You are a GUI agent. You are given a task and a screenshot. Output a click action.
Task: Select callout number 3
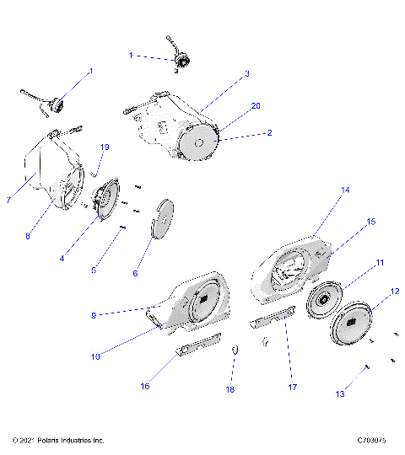click(247, 73)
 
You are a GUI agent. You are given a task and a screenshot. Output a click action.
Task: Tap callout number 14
click(321, 214)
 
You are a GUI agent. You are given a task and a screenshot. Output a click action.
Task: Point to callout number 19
click(105, 147)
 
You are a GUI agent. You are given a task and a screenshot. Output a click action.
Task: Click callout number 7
click(8, 200)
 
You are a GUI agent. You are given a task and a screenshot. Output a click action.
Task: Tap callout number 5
click(94, 270)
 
